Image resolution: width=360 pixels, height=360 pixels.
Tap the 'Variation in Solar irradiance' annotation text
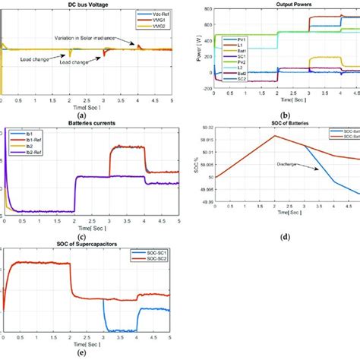pos(107,37)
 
